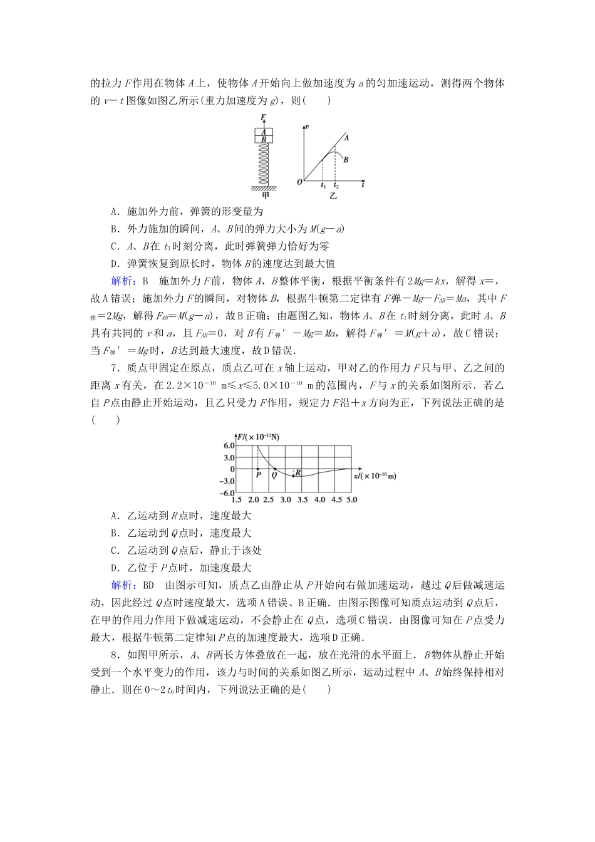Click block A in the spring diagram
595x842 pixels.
click(x=264, y=132)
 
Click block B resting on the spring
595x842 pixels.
click(x=264, y=140)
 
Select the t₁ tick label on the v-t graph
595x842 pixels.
click(x=323, y=186)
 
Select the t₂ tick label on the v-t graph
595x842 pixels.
click(x=336, y=186)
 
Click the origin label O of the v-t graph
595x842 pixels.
click(x=299, y=182)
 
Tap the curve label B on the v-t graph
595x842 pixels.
click(x=345, y=160)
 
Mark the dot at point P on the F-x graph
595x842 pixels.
click(x=258, y=469)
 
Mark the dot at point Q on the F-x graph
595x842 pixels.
click(x=274, y=469)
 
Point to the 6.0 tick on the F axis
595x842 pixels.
click(x=227, y=445)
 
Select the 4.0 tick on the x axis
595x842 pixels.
click(x=319, y=500)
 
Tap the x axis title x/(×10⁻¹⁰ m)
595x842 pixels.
click(x=375, y=476)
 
